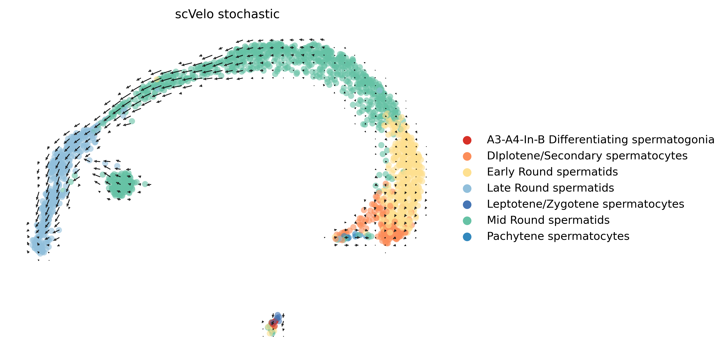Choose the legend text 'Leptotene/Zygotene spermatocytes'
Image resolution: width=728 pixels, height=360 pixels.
point(585,204)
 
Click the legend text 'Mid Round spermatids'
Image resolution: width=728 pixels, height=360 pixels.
point(548,220)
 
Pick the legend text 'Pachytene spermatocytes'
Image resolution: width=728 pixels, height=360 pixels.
point(558,236)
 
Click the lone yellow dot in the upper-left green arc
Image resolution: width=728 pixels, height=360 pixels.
point(157,79)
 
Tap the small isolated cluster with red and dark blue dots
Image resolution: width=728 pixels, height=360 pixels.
point(274,324)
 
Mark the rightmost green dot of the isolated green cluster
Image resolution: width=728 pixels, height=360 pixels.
point(145,184)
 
